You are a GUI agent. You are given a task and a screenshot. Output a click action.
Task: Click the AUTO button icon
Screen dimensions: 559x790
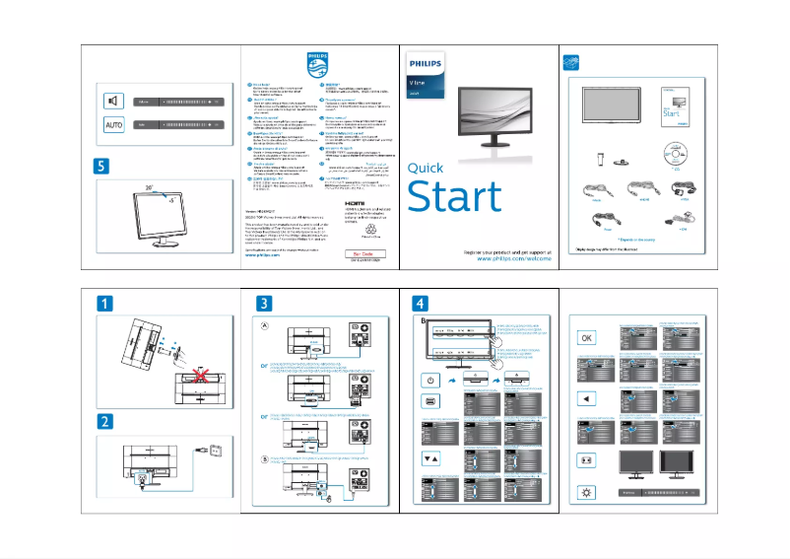tap(114, 125)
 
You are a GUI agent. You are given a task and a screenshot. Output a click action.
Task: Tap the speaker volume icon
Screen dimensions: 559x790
tap(114, 101)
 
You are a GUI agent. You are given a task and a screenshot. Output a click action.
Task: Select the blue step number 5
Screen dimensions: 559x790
tap(103, 166)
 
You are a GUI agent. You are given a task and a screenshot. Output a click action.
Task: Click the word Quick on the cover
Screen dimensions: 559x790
tap(425, 168)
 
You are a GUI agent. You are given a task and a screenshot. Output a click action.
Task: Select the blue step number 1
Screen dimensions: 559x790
tap(103, 303)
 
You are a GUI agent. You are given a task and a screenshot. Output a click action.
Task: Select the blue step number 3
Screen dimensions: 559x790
tap(263, 302)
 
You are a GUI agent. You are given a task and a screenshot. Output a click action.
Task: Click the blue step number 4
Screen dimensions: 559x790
tap(421, 302)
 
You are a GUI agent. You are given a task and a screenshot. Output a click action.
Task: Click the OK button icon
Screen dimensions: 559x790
tap(586, 337)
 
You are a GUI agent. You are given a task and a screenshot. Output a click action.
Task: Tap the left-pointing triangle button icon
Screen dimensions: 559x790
tap(586, 399)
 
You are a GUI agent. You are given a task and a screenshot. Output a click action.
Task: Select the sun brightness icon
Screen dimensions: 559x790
tap(586, 490)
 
